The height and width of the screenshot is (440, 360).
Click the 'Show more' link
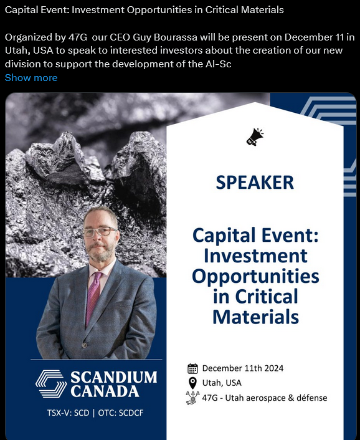pos(31,78)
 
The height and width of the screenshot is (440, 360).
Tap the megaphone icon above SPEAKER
pos(255,137)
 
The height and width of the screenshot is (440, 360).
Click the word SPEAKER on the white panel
pos(255,183)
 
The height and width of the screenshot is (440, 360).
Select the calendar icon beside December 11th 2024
pos(192,368)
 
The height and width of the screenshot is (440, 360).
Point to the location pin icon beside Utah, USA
pos(192,383)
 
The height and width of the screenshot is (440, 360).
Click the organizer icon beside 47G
pos(192,398)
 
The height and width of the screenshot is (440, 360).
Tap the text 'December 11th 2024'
pos(243,368)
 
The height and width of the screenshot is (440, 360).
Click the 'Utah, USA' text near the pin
pos(222,383)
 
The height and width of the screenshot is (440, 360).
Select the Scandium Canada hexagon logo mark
pos(51,383)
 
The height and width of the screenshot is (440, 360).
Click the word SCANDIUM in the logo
pos(113,377)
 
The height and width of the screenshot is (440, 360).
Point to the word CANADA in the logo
pos(105,391)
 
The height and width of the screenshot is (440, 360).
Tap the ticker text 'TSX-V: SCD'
pos(68,413)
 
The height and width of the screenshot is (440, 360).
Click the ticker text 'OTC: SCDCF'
pos(121,413)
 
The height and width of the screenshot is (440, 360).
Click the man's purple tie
pos(93,297)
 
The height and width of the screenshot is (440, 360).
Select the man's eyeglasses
pos(100,231)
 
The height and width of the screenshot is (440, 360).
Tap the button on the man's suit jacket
pos(84,345)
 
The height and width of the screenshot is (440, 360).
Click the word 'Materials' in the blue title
pos(256,317)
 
